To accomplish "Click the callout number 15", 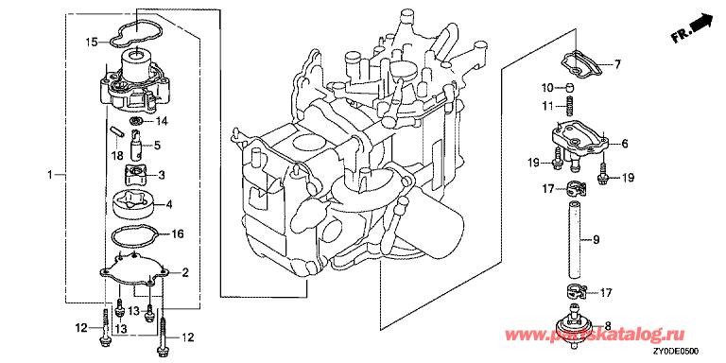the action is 91,43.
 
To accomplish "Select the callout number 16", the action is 178,234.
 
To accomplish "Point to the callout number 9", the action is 596,239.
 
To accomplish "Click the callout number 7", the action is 617,65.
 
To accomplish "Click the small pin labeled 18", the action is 117,130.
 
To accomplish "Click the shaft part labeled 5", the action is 138,144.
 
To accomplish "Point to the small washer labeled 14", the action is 136,122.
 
